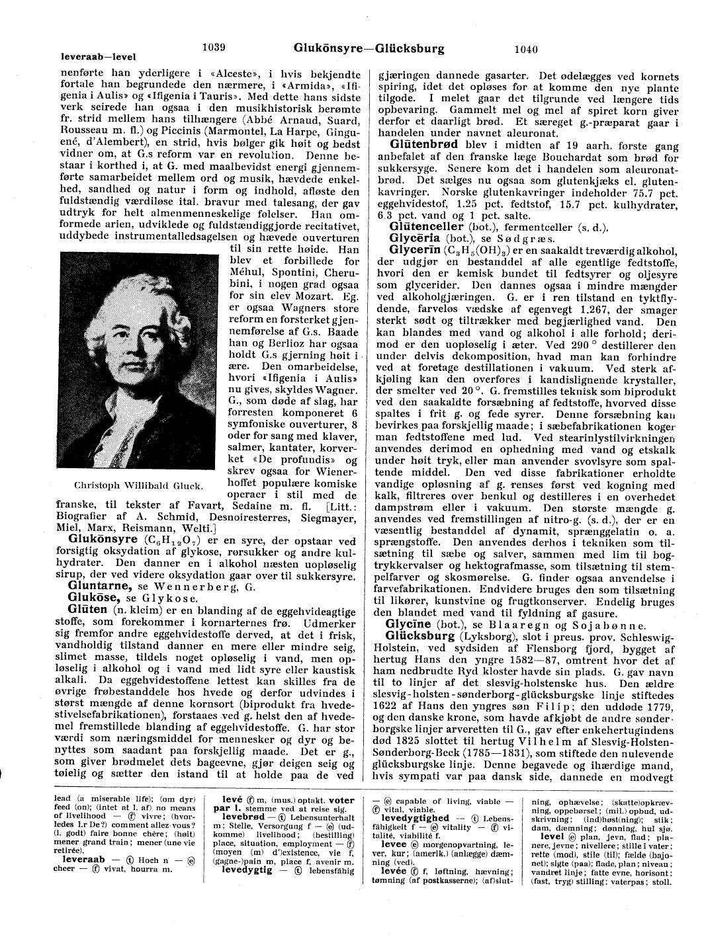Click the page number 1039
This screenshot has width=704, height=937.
coord(214,47)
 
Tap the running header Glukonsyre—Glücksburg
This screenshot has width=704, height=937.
coord(369,48)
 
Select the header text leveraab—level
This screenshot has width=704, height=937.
coord(98,57)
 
